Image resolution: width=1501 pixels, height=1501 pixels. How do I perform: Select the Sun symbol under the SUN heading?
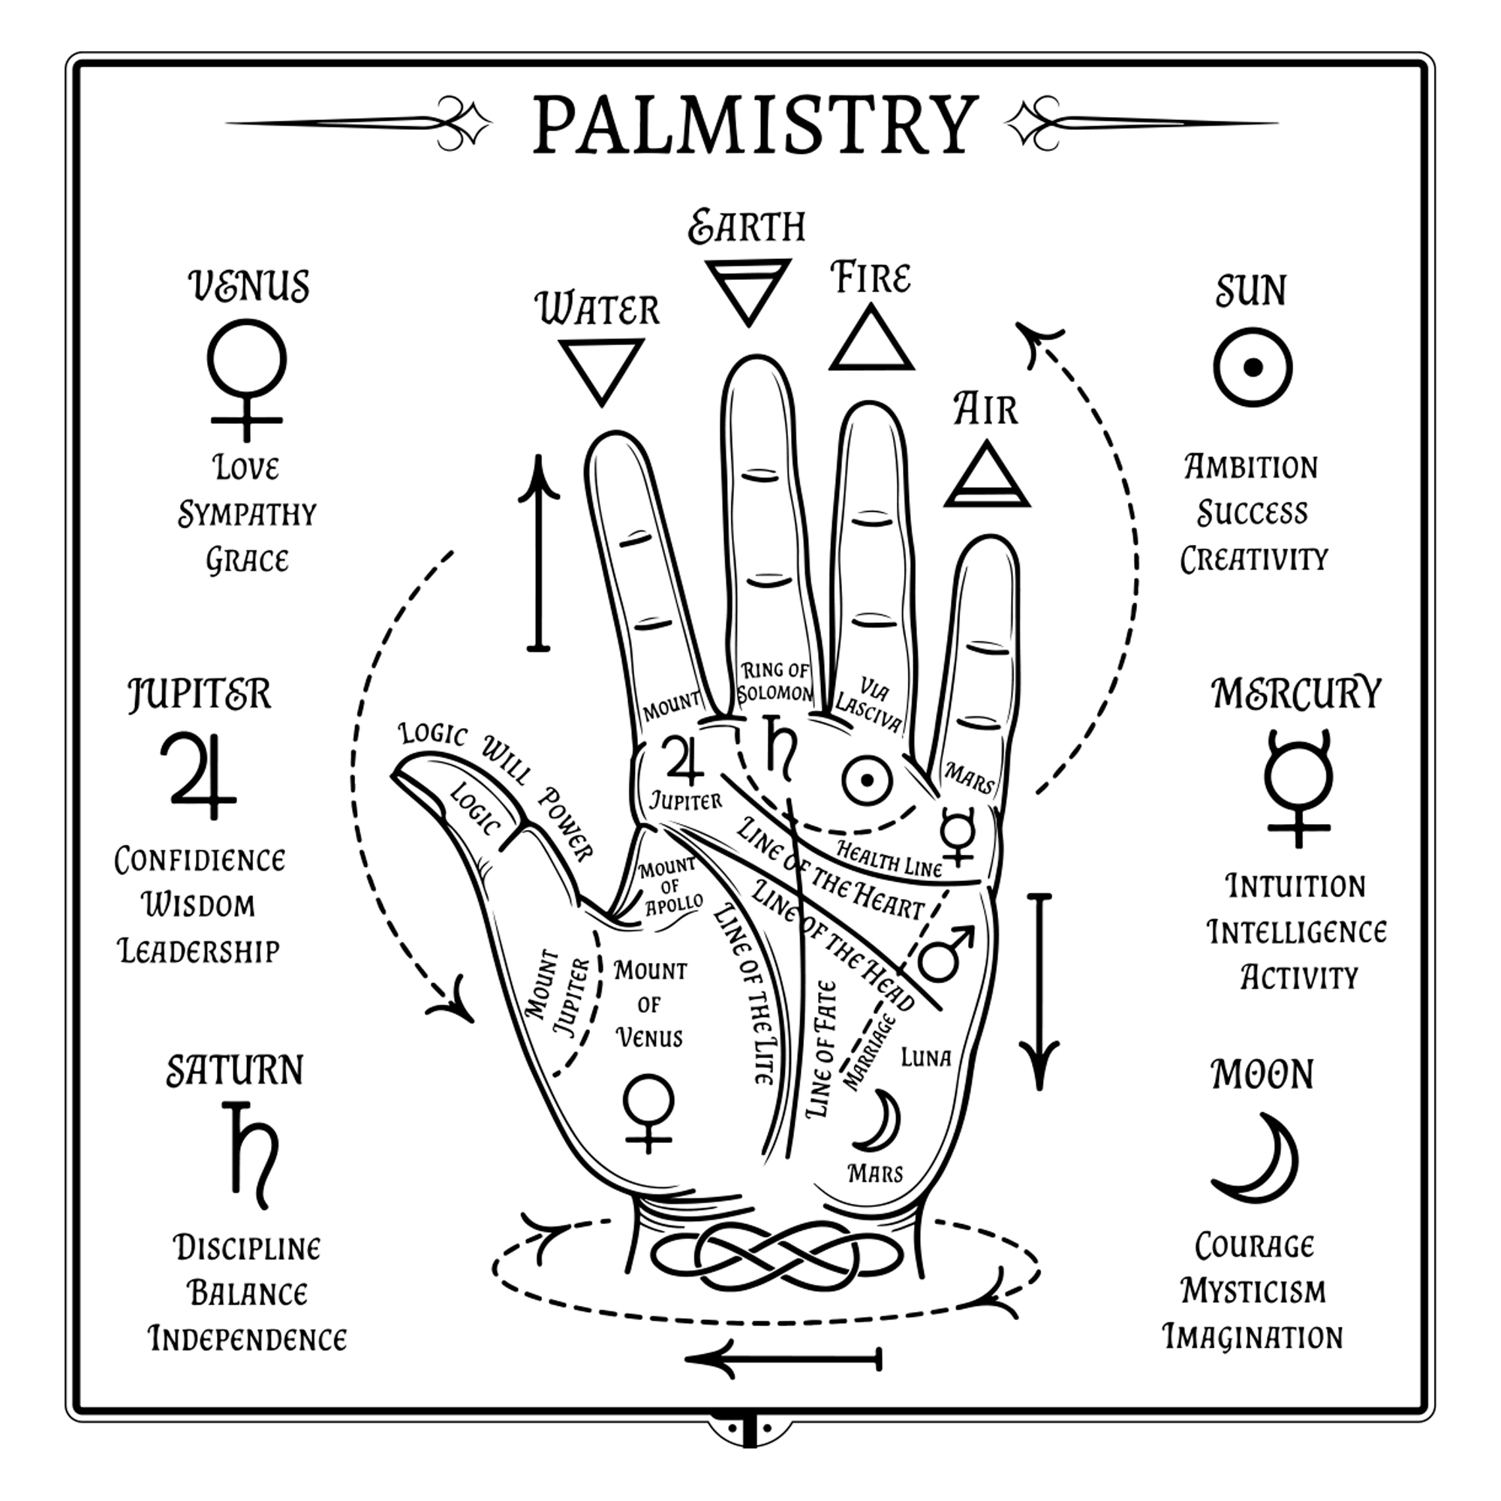pyautogui.click(x=1253, y=368)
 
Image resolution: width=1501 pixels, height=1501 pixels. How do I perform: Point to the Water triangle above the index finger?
pyautogui.click(x=601, y=368)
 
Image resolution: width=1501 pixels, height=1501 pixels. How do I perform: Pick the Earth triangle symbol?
pyautogui.click(x=748, y=289)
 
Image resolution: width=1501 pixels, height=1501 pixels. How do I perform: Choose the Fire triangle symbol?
pyautogui.click(x=871, y=340)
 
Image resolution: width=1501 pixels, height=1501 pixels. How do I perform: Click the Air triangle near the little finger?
pyautogui.click(x=987, y=476)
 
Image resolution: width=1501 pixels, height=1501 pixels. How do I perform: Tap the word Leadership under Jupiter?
pyautogui.click(x=199, y=951)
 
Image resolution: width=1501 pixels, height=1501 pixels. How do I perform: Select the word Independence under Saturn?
pyautogui.click(x=247, y=1340)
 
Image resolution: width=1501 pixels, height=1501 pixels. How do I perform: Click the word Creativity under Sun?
pyautogui.click(x=1254, y=559)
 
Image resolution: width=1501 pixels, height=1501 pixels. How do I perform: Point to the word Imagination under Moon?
pyautogui.click(x=1253, y=1337)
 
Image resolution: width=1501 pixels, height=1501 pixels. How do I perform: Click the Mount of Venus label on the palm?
pyautogui.click(x=649, y=1003)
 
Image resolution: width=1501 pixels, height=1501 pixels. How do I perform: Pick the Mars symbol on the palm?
pyautogui.click(x=945, y=952)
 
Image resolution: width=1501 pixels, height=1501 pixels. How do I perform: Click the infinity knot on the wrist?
pyautogui.click(x=777, y=1256)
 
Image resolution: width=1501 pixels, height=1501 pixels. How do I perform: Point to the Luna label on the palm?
pyautogui.click(x=925, y=1058)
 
